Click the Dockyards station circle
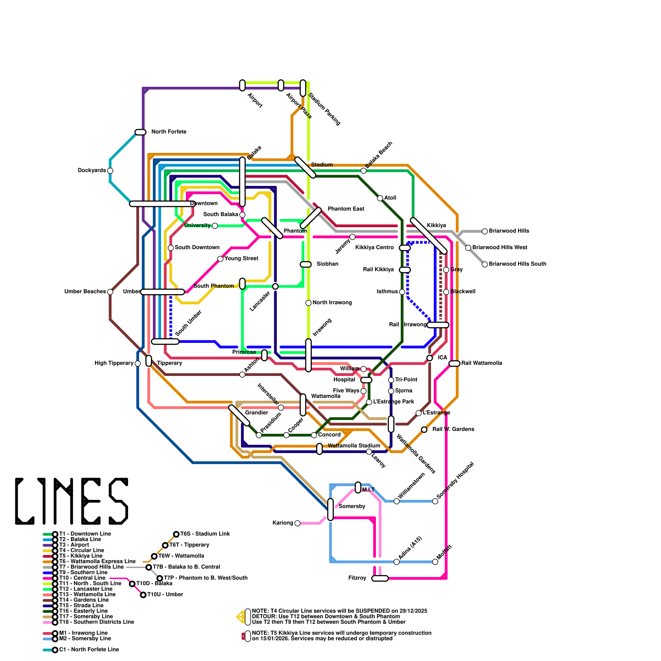click(x=110, y=171)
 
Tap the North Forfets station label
click(x=169, y=132)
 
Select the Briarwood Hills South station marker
click(x=485, y=264)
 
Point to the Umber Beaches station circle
click(x=110, y=292)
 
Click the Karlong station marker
click(x=297, y=523)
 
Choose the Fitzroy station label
click(x=357, y=578)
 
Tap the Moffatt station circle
click(x=435, y=562)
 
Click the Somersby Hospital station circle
click(x=435, y=502)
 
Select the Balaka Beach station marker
click(x=364, y=171)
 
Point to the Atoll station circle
click(x=380, y=198)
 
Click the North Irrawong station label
click(x=332, y=303)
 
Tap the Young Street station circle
click(x=220, y=259)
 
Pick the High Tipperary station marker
click(x=138, y=364)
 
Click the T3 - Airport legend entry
click(x=74, y=545)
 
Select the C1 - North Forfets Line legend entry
click(x=89, y=650)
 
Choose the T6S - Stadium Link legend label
click(x=205, y=534)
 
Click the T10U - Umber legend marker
click(x=143, y=595)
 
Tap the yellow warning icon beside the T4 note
click(x=240, y=617)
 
